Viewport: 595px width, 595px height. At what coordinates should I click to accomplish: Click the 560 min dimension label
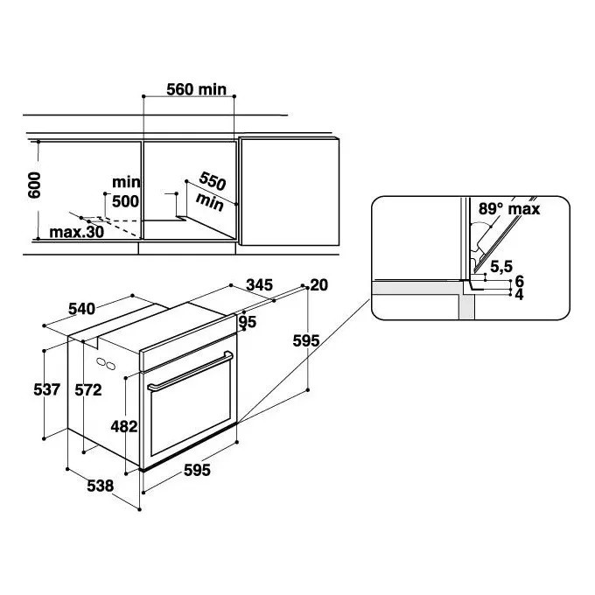pyautogui.click(x=197, y=89)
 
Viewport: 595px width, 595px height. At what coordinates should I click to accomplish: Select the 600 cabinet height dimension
pyautogui.click(x=34, y=185)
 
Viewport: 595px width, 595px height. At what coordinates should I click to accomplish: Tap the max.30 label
pyautogui.click(x=77, y=232)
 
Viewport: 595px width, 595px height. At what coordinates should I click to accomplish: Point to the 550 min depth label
pyautogui.click(x=211, y=191)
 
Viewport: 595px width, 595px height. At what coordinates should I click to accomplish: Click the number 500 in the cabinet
pyautogui.click(x=126, y=201)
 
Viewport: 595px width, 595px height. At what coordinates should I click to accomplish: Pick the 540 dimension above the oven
pyautogui.click(x=81, y=309)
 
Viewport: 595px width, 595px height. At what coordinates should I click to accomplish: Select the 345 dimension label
pyautogui.click(x=260, y=284)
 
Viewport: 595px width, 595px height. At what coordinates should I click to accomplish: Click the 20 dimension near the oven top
pyautogui.click(x=319, y=285)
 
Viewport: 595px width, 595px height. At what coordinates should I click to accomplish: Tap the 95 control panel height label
pyautogui.click(x=248, y=322)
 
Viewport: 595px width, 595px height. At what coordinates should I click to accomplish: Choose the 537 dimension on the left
pyautogui.click(x=47, y=389)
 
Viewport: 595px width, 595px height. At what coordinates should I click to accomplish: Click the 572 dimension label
pyautogui.click(x=88, y=390)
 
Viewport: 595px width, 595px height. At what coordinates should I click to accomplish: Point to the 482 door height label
pyautogui.click(x=124, y=426)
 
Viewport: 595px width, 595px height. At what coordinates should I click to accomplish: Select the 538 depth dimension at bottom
pyautogui.click(x=100, y=486)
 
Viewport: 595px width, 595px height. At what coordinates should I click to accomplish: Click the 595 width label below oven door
pyautogui.click(x=197, y=471)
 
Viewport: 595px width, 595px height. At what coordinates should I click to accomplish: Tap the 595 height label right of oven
pyautogui.click(x=306, y=340)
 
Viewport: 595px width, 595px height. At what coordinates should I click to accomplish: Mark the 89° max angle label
pyautogui.click(x=509, y=209)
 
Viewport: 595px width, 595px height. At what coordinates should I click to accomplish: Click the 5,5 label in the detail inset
pyautogui.click(x=501, y=267)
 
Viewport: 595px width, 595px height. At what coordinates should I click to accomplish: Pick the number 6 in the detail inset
pyautogui.click(x=520, y=281)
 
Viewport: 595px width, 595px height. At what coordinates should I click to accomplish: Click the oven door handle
pyautogui.click(x=191, y=372)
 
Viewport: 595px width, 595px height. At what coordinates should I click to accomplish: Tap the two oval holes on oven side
pyautogui.click(x=106, y=363)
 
